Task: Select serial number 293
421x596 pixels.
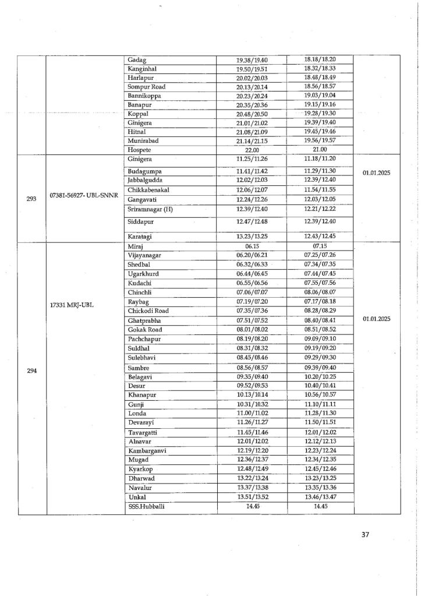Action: [32, 198]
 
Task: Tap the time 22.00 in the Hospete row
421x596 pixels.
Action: [252, 149]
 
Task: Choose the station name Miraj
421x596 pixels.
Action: [136, 247]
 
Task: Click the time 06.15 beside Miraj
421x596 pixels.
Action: [252, 247]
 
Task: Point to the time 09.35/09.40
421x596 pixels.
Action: [252, 376]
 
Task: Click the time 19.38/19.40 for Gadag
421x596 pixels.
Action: [252, 59]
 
